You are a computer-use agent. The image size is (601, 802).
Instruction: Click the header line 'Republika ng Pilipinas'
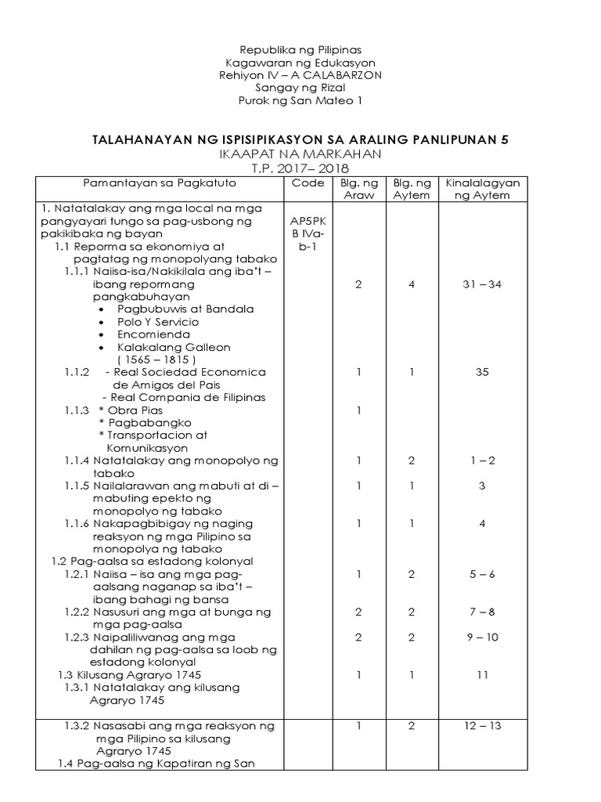click(x=300, y=49)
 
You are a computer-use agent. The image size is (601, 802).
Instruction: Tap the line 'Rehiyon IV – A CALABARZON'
click(x=300, y=74)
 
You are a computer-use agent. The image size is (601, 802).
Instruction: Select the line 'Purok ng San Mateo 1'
click(x=300, y=100)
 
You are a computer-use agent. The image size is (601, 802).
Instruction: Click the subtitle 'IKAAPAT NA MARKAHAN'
click(x=300, y=154)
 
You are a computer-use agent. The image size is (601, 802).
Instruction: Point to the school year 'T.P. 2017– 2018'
click(x=300, y=168)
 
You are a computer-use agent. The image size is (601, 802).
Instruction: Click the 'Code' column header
click(x=308, y=182)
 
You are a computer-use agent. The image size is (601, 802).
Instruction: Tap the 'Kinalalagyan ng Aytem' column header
click(x=482, y=189)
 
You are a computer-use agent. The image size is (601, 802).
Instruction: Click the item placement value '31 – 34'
click(x=482, y=284)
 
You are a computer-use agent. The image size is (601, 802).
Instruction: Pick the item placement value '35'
click(x=482, y=372)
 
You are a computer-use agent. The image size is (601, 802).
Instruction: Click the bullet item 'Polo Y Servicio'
click(x=158, y=322)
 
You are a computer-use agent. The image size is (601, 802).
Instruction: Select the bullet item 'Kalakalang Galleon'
click(x=174, y=347)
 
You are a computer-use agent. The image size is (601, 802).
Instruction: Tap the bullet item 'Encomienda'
click(x=153, y=334)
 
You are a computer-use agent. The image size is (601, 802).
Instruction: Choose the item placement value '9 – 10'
click(x=482, y=637)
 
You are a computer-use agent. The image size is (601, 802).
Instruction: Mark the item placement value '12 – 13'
click(x=482, y=726)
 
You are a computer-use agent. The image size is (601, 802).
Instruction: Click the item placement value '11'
click(x=482, y=674)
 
